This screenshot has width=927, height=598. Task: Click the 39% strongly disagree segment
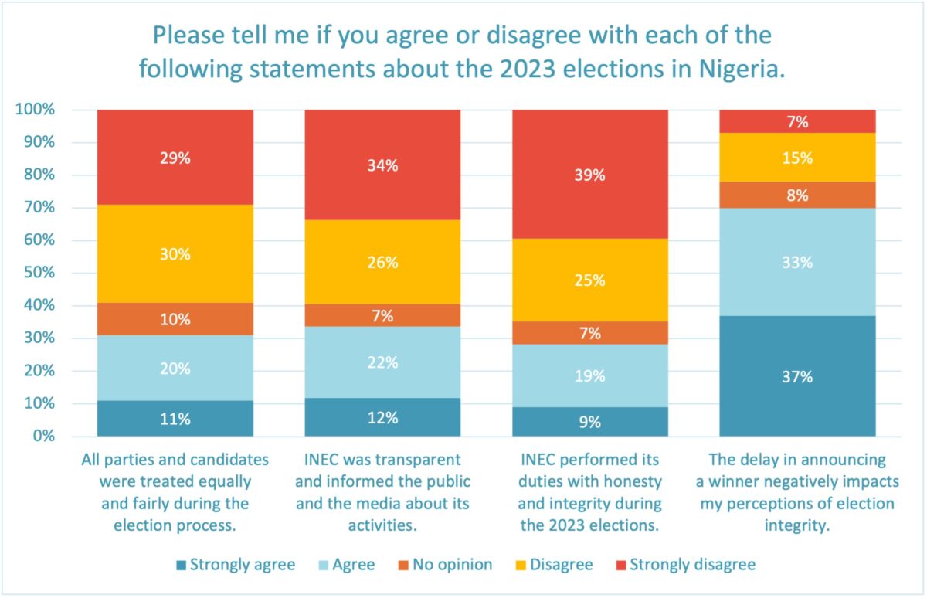(x=591, y=174)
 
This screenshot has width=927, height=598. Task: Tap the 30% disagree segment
(x=175, y=253)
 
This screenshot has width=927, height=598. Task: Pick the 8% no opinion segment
(x=797, y=195)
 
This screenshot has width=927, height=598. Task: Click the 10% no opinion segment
(x=175, y=319)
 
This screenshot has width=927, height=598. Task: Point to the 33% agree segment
(x=797, y=262)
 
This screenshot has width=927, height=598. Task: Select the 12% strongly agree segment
(x=383, y=417)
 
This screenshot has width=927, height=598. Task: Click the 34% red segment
(x=383, y=165)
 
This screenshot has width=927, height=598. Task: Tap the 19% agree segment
(x=591, y=376)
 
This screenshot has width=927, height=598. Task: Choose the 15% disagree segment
(x=797, y=157)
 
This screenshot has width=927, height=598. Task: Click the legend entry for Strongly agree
(x=235, y=565)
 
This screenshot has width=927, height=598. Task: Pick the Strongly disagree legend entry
(x=684, y=565)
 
